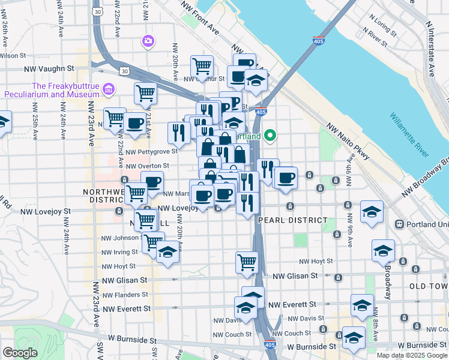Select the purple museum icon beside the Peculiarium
click(x=109, y=89)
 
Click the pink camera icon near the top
click(x=147, y=41)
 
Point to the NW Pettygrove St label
click(x=147, y=152)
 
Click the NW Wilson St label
click(x=11, y=55)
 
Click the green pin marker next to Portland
click(x=270, y=136)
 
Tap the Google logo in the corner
click(x=20, y=353)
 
